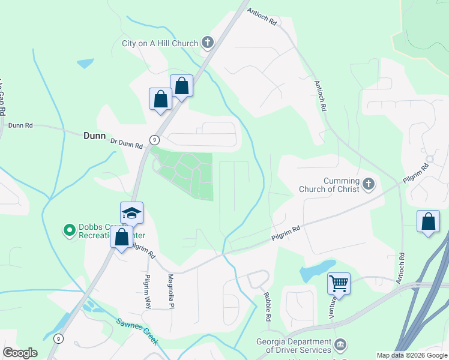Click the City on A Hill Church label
point(160,43)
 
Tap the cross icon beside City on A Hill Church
point(208,43)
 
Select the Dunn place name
point(94,136)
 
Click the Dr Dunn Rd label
point(127,143)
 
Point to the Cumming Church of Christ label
point(329,185)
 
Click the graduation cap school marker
point(131,214)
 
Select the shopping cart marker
point(339,283)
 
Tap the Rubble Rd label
point(268,306)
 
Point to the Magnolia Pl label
point(171,291)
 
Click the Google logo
point(20,353)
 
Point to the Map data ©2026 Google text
point(411,355)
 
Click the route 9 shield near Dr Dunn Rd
point(155,139)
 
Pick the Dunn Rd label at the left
point(20,125)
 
